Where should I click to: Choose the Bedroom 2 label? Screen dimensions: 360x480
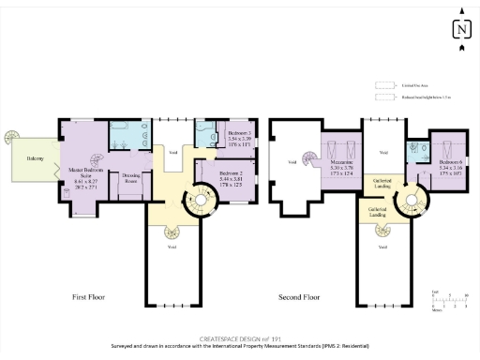(x=231, y=173)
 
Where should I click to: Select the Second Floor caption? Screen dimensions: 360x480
(x=299, y=297)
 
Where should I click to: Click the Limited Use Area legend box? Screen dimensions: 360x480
(x=382, y=83)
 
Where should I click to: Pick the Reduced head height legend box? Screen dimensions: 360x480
(x=382, y=96)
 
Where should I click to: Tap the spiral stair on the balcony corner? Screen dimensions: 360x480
(x=11, y=138)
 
